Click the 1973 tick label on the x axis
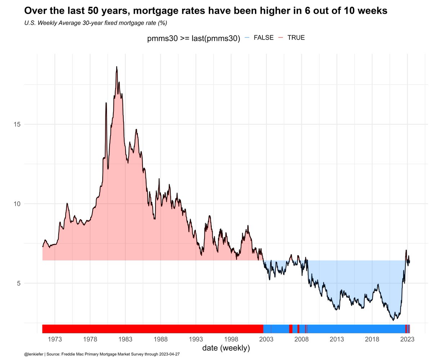click(x=55, y=339)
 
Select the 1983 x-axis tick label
click(x=125, y=339)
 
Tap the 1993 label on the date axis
click(x=196, y=339)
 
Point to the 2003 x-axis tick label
click(x=266, y=339)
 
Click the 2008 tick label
click(x=302, y=339)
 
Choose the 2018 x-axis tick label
click(x=372, y=339)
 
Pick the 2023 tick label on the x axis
click(x=407, y=339)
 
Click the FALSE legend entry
click(x=264, y=38)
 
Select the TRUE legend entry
click(x=296, y=38)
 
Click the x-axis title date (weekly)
click(x=226, y=348)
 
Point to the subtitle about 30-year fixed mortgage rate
click(x=96, y=23)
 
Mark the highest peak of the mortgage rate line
click(x=117, y=67)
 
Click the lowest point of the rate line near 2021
click(x=393, y=320)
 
